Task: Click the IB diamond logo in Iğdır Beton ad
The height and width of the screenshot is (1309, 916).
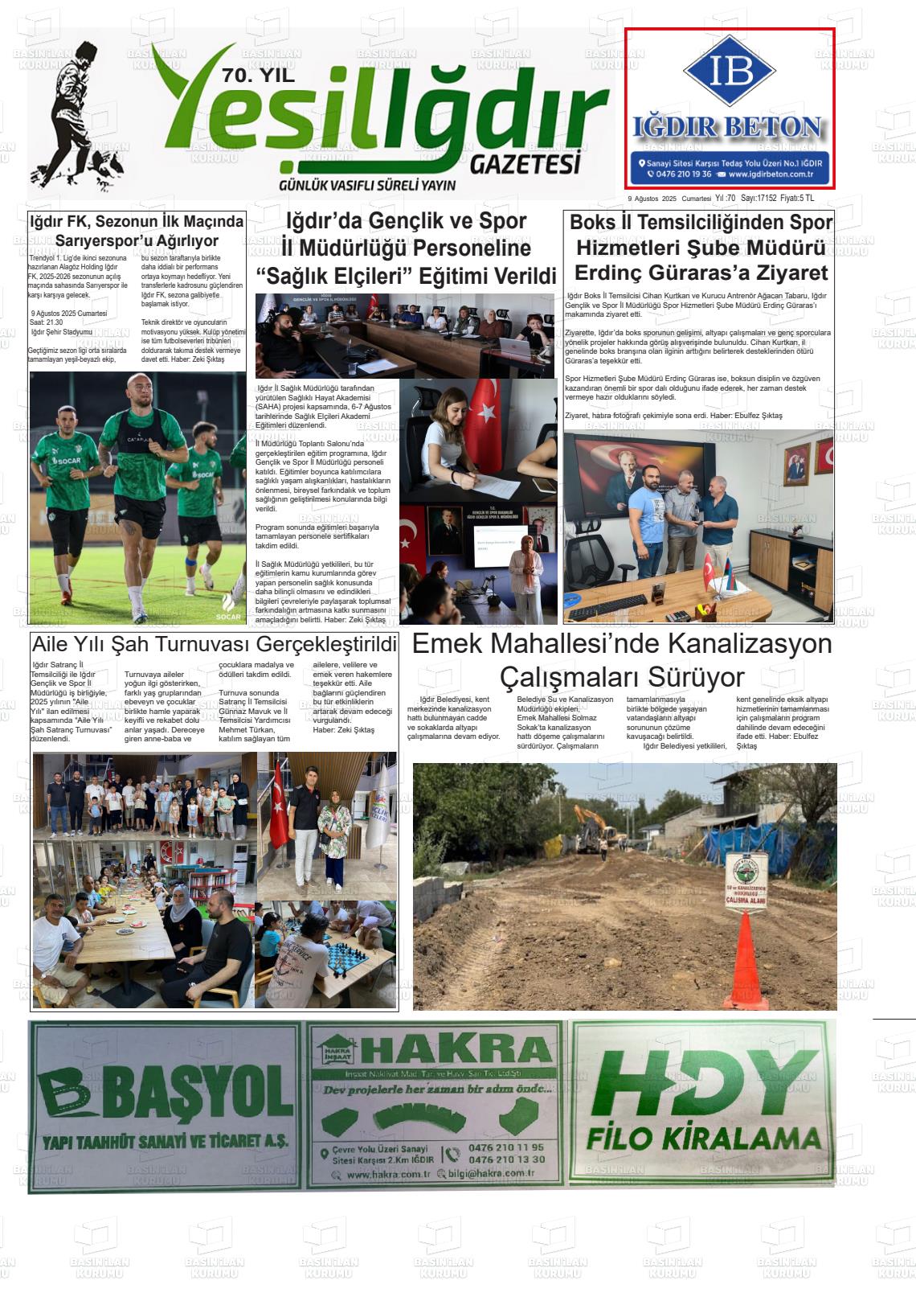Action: (729, 71)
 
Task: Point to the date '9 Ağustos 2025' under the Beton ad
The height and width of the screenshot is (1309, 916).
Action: (651, 199)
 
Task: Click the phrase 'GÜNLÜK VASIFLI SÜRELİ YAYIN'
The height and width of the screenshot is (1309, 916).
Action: (366, 186)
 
